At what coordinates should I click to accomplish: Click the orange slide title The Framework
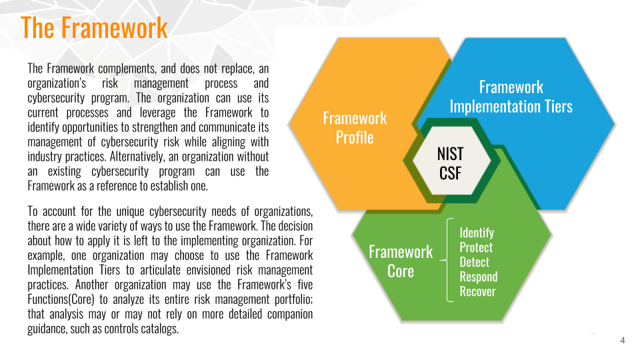(94, 28)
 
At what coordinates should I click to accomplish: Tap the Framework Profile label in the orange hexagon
(355, 128)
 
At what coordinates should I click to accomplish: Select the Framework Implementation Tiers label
(511, 97)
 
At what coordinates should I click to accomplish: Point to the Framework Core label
(401, 261)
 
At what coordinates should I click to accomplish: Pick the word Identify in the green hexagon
(477, 233)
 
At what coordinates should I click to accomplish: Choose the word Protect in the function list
(476, 247)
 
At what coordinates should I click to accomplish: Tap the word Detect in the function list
(474, 262)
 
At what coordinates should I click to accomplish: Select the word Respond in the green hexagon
(479, 277)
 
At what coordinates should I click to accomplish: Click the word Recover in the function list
(477, 291)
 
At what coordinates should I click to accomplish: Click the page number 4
(623, 340)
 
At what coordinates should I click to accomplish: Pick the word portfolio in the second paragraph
(293, 299)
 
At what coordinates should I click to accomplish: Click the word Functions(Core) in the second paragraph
(61, 299)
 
